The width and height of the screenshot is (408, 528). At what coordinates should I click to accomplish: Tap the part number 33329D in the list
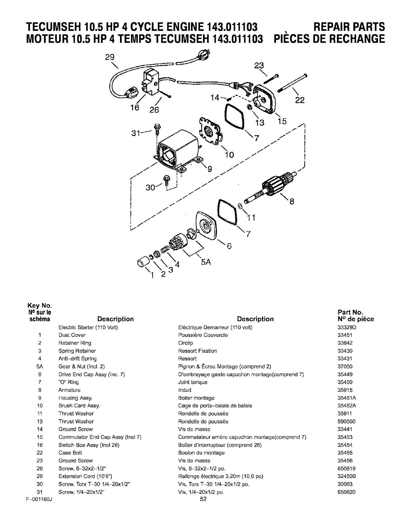click(345, 327)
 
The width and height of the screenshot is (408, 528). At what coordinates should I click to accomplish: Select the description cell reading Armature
click(69, 390)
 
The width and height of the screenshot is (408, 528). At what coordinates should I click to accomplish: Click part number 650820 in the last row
click(345, 492)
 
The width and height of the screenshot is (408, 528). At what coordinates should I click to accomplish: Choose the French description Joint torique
click(193, 382)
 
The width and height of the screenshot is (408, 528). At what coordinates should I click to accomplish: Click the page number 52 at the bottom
click(203, 499)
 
